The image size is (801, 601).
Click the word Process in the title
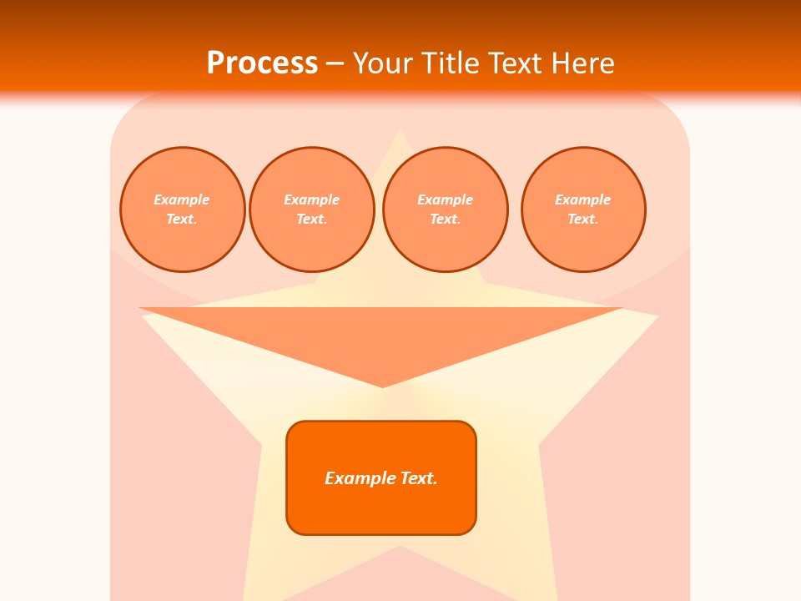point(262,63)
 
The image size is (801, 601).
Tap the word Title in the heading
point(450,63)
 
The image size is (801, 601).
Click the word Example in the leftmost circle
point(182,199)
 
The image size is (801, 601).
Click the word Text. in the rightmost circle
point(583,219)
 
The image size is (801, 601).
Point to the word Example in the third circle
point(445,199)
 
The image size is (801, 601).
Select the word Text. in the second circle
point(312,219)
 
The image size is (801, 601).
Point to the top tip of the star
point(400,132)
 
